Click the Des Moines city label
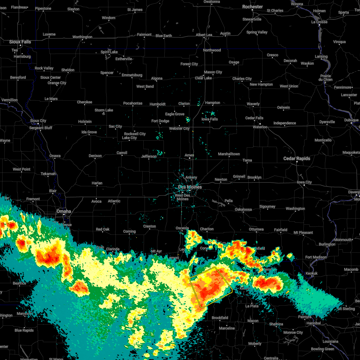click(190, 187)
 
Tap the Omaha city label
click(64, 211)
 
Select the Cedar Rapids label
click(297, 158)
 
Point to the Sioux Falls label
click(20, 42)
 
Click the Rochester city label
click(253, 7)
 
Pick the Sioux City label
click(38, 121)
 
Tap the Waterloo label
click(260, 127)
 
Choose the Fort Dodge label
click(160, 121)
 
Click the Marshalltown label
click(229, 154)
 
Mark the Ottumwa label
click(256, 229)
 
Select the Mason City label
click(213, 72)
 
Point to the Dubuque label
click(351, 120)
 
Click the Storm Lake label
click(104, 110)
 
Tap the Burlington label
click(327, 244)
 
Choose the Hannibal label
click(313, 323)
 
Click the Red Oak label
click(103, 229)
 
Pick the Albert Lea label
click(204, 35)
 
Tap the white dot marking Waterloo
click(260, 124)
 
